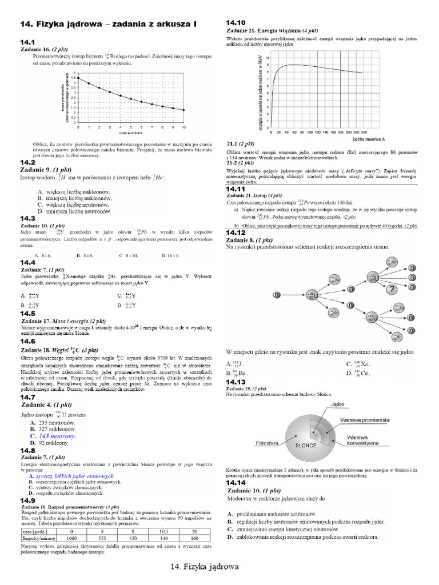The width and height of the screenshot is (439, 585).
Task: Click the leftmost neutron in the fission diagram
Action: [x=276, y=295]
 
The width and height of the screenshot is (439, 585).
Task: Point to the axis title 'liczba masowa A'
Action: [x=369, y=139]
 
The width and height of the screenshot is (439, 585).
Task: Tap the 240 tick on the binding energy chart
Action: [x=364, y=131]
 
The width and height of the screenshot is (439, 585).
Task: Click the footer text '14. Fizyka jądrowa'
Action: [x=204, y=567]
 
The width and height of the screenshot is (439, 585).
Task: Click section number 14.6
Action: [x=28, y=341]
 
